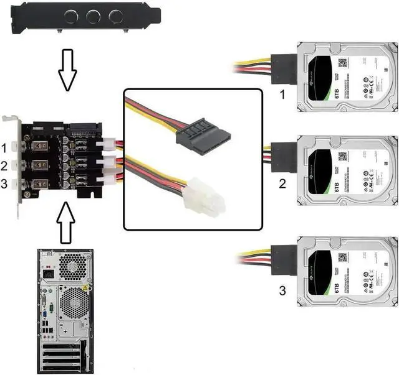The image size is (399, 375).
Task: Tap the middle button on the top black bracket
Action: coord(95,16)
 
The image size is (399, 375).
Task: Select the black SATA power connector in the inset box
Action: coord(203,135)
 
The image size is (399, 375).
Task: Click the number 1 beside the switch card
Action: coord(5,148)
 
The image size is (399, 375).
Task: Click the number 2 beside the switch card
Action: coord(5,166)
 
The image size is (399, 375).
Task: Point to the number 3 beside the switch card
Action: coord(5,183)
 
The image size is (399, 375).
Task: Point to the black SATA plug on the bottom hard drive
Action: coord(284,256)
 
